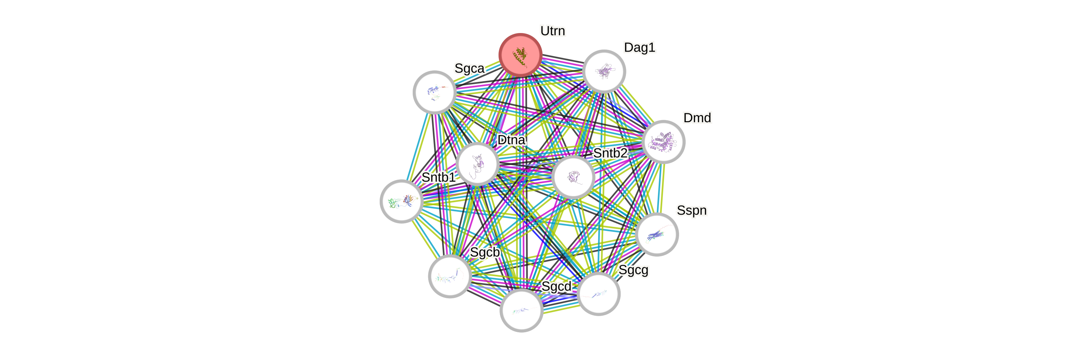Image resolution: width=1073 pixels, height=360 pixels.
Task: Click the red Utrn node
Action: tap(520, 55)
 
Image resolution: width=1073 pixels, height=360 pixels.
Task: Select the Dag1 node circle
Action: tap(604, 71)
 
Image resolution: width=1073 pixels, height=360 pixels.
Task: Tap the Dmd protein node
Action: tap(663, 142)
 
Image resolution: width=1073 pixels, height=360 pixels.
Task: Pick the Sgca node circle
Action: tap(434, 92)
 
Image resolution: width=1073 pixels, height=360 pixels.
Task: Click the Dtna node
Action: tap(477, 163)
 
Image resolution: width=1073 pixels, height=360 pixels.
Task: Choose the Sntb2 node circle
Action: tap(573, 177)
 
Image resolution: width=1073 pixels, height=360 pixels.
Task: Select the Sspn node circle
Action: tap(657, 234)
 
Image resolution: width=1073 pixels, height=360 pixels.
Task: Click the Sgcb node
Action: tap(450, 276)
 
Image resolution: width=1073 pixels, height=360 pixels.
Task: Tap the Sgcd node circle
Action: tap(521, 310)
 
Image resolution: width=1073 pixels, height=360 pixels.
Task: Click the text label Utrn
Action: tap(552, 31)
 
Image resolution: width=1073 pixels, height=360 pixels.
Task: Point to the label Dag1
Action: tap(640, 48)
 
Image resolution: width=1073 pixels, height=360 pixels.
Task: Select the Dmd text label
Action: tap(697, 118)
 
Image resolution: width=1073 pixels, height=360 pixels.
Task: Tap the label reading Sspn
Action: tap(691, 210)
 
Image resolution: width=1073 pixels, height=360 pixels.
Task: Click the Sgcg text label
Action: tap(633, 270)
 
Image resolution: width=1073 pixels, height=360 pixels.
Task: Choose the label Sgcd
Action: tap(556, 287)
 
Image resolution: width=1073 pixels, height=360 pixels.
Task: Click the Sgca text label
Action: tap(469, 68)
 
